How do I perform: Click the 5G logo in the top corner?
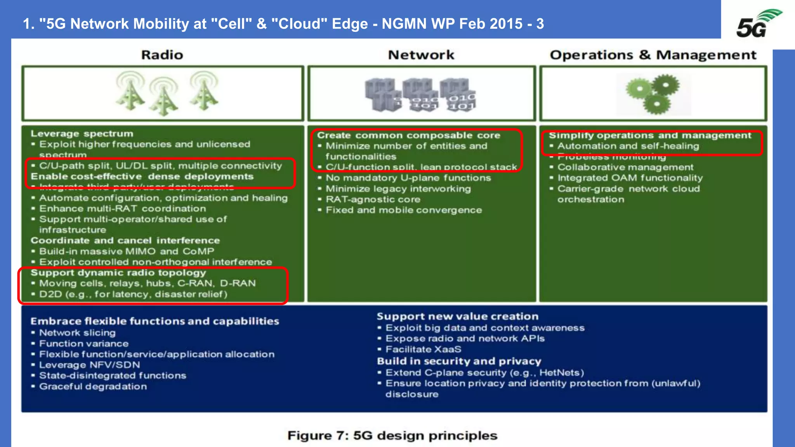tap(757, 24)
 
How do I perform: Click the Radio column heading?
tap(162, 55)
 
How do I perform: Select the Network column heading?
tap(421, 55)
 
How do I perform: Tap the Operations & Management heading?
tap(653, 55)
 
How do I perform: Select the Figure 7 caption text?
tap(392, 436)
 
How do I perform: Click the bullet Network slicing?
tap(77, 333)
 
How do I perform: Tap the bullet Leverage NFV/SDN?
tap(89, 365)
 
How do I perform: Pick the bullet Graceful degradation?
tap(93, 386)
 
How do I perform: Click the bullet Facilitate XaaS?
tap(423, 349)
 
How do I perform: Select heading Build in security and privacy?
tap(459, 361)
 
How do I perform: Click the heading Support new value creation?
tap(457, 317)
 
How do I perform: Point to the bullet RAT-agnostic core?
tap(373, 199)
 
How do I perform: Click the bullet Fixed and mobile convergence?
tap(404, 210)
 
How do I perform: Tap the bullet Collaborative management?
tap(625, 167)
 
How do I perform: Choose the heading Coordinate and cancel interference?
tap(125, 241)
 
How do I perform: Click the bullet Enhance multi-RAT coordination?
tap(122, 209)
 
